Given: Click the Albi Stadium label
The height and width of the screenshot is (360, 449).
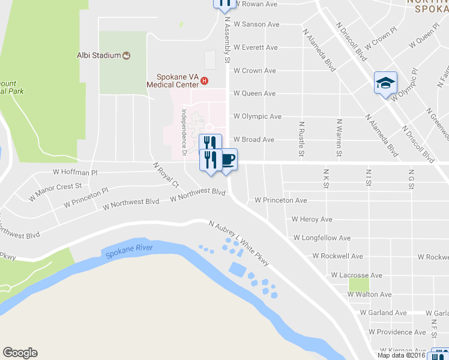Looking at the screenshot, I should (99, 56).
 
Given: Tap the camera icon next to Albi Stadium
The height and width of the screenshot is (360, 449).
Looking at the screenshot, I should (126, 56).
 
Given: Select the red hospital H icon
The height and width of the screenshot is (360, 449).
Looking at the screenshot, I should (205, 80).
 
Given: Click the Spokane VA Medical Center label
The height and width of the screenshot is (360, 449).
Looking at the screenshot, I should (177, 81).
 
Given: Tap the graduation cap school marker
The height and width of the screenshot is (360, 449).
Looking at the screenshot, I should (385, 83).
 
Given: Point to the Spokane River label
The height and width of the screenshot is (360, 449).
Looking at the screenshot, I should (129, 251).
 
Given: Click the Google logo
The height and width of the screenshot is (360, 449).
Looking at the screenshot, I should (20, 353).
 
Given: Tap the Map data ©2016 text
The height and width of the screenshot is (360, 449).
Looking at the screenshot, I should (401, 355).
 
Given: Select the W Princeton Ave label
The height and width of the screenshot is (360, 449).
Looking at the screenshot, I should (281, 200).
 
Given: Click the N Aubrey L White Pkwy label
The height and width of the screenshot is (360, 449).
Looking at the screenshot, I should (238, 242).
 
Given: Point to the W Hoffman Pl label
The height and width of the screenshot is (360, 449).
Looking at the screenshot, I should (75, 172).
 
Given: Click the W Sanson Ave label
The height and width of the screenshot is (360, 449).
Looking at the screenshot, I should (256, 25).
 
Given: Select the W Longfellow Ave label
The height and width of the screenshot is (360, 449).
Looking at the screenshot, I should (322, 238).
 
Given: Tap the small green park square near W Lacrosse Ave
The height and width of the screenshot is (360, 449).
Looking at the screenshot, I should (358, 284).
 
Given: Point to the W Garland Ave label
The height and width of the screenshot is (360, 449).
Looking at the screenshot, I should (383, 313).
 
